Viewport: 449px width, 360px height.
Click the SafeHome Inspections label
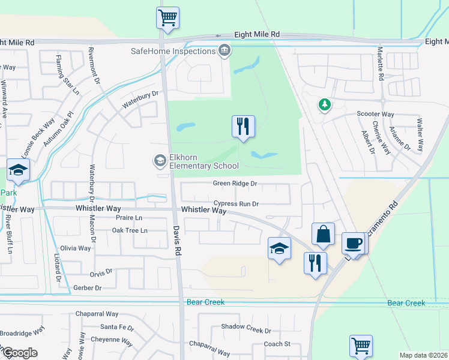coord(173,51)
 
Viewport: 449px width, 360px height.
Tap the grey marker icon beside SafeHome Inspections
coord(224,50)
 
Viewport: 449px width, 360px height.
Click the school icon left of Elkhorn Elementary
coord(160,160)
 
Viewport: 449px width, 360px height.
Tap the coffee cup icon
coord(354,244)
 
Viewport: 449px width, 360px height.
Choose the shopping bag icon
coord(323,234)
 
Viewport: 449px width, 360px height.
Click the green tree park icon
coord(325,105)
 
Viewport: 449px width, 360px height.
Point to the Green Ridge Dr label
coord(235,184)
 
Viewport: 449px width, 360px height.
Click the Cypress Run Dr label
coord(235,204)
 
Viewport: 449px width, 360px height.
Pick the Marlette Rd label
coord(380,65)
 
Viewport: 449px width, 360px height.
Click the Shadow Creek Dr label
coord(246,330)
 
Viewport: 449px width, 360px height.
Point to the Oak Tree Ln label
coord(130,230)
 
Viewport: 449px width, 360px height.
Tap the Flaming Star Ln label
coord(67,76)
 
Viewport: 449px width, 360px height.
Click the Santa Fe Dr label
coord(117,327)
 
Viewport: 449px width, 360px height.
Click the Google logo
coord(19,353)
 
